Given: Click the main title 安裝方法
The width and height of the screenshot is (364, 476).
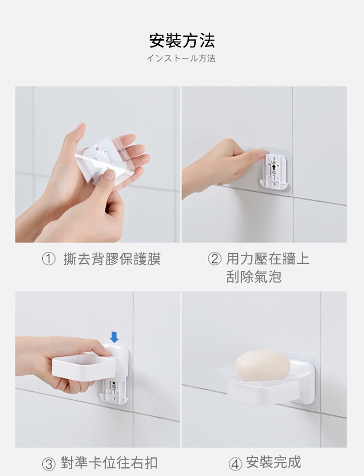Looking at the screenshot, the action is pyautogui.click(x=182, y=41).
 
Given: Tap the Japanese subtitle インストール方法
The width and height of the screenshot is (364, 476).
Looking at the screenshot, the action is pyautogui.click(x=181, y=58).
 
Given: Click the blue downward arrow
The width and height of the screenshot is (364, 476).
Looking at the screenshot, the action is pyautogui.click(x=114, y=337).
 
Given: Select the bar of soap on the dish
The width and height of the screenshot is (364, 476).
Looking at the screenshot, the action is pyautogui.click(x=263, y=367).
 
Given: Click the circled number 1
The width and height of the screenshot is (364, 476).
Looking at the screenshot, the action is pyautogui.click(x=48, y=259).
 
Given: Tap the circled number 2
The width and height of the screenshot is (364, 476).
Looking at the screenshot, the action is pyautogui.click(x=214, y=259).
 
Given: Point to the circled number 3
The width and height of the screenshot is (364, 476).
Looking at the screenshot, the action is pyautogui.click(x=48, y=464).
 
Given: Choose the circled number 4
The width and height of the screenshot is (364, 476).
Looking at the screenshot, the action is pyautogui.click(x=235, y=464).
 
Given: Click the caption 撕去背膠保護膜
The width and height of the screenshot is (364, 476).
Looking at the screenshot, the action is pyautogui.click(x=112, y=259).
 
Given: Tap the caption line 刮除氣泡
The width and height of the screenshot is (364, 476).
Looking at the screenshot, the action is pyautogui.click(x=254, y=277).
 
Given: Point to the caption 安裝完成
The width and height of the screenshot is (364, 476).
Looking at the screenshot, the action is pyautogui.click(x=273, y=462).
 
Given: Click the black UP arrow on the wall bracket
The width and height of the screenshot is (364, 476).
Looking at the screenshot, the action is pyautogui.click(x=274, y=168).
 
